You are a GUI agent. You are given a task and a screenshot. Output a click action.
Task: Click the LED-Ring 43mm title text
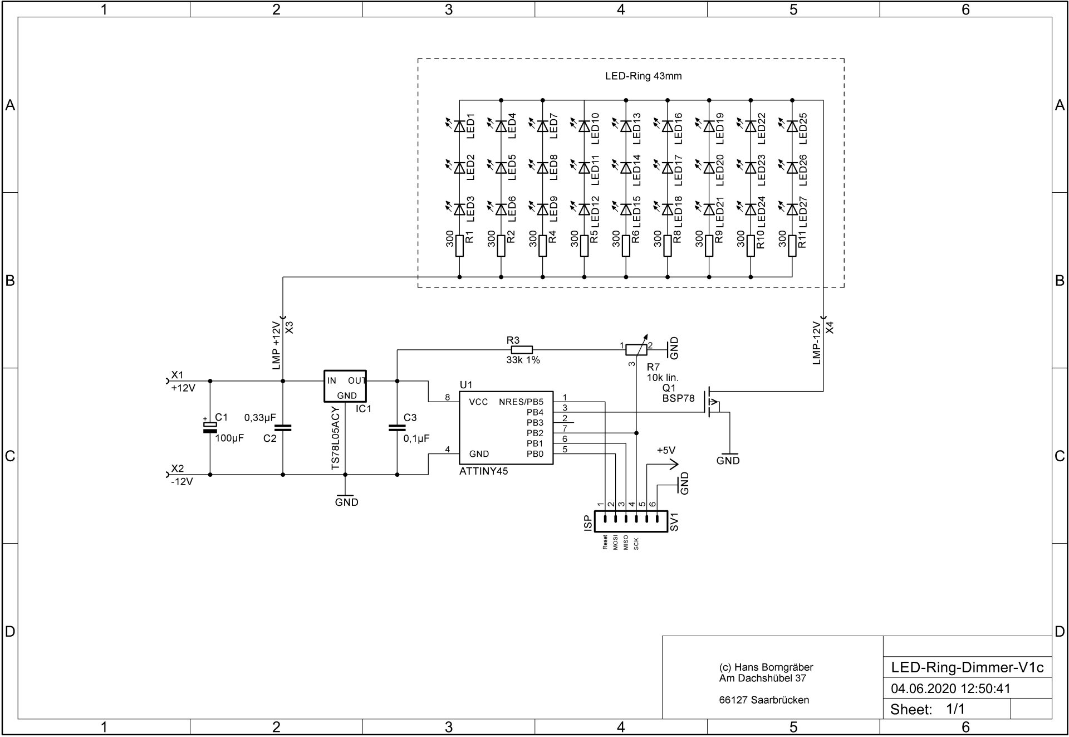[x=643, y=76]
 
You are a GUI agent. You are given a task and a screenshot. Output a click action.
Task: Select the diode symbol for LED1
[x=459, y=126]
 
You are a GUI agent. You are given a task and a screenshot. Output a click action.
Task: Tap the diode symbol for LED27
[x=792, y=209]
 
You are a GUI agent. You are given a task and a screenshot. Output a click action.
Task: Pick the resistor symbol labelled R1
[x=459, y=246]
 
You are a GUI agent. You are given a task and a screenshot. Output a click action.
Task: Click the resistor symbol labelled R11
[x=792, y=246]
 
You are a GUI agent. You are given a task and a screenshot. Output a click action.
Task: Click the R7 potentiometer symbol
[x=636, y=349]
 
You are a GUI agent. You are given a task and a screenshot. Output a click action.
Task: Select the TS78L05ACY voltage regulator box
[x=345, y=386]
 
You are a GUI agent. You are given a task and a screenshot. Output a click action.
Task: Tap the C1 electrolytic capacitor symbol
[x=210, y=428]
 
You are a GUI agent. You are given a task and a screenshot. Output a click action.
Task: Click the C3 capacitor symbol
[x=397, y=428]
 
